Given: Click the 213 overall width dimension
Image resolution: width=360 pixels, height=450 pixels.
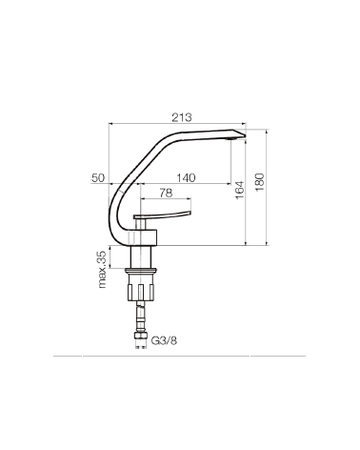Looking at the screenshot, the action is click(182, 117).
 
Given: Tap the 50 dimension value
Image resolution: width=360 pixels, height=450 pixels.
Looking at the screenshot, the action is click(98, 178).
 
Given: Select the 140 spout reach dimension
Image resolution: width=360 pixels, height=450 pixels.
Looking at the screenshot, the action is click(186, 178).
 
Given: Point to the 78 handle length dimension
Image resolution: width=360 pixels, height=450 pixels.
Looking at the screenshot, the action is click(166, 193).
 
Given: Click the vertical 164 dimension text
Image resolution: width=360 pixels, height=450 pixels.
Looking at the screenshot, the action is click(240, 190).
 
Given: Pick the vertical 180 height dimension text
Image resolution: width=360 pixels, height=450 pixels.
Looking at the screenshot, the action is click(259, 182).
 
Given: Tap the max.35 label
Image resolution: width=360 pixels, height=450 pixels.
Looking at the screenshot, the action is click(102, 270).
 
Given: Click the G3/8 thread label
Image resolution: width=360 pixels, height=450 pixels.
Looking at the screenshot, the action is click(164, 341).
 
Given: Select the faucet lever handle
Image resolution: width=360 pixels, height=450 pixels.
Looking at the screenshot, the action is click(162, 215).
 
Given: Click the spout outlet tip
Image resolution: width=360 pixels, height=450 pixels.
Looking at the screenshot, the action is click(246, 135).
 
